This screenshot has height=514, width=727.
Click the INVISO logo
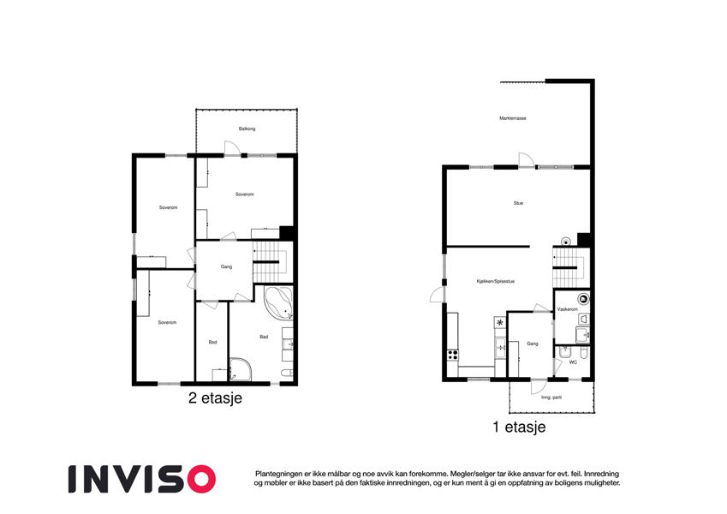142,479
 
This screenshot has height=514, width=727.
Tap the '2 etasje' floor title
215,398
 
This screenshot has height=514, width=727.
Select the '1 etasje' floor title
519,427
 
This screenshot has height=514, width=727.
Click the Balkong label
247,128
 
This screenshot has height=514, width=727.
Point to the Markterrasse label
513,118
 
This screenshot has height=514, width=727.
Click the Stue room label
518,203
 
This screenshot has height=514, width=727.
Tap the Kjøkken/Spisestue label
496,281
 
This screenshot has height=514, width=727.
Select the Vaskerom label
567,309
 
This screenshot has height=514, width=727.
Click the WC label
573,362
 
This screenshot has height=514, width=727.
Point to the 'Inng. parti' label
551,397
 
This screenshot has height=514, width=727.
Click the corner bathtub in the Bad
278,302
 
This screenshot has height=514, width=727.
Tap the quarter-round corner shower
241,369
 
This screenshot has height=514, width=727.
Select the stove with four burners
452,356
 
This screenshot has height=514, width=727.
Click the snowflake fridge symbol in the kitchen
500,322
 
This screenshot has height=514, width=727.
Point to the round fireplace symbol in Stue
566,242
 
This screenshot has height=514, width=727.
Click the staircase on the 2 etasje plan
271,265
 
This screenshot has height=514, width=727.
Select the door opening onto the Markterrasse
527,159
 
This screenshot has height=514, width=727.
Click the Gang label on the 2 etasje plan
226,266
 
